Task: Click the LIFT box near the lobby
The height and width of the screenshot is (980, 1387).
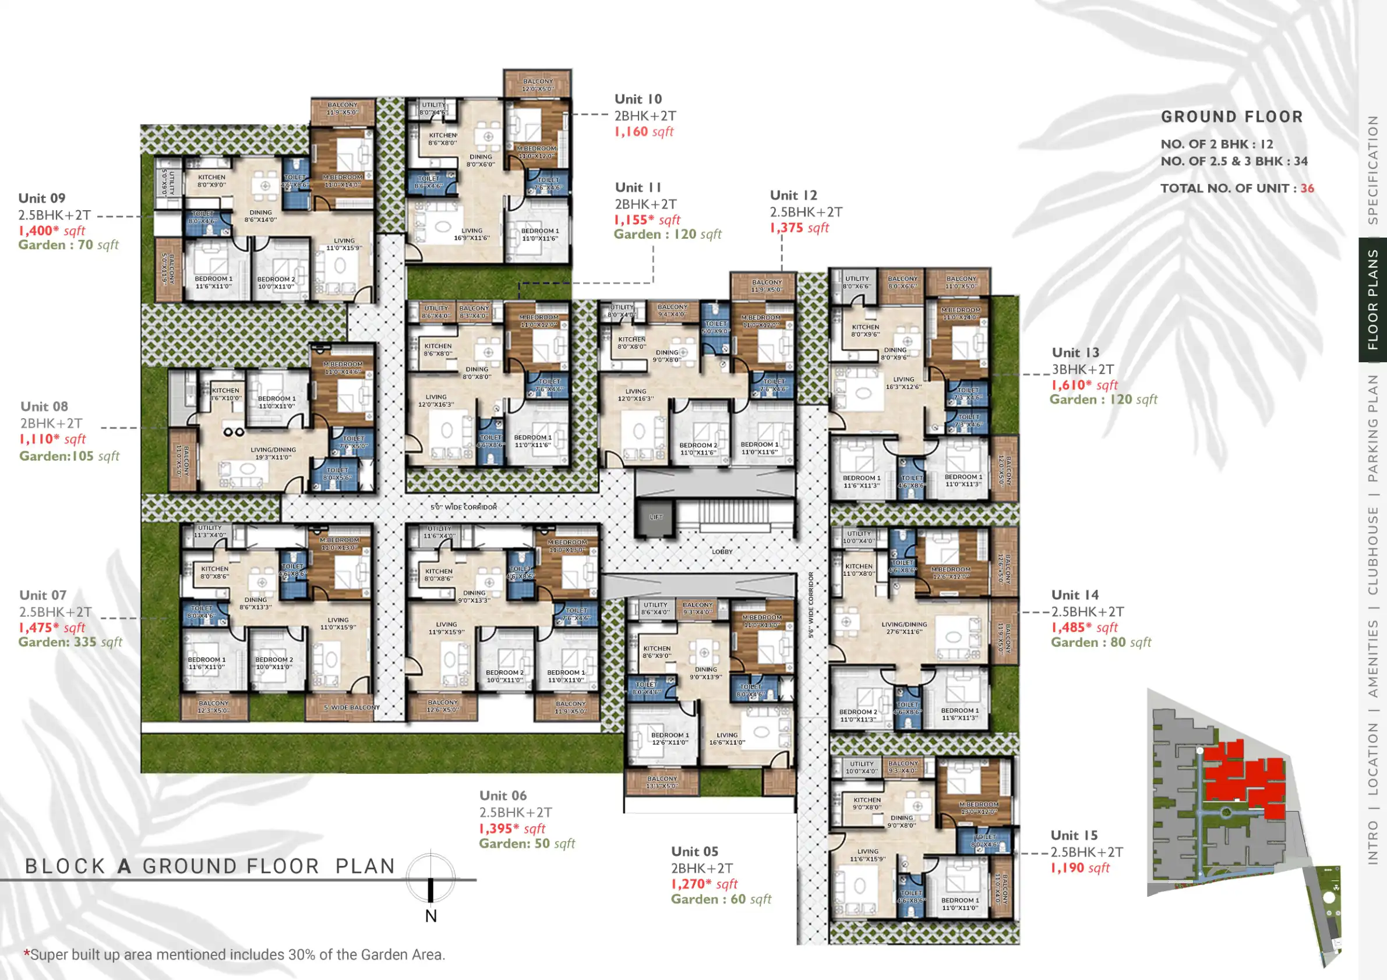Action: [x=655, y=517]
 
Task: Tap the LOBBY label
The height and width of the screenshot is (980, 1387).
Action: [x=722, y=551]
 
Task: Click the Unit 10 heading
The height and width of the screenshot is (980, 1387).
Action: [x=638, y=99]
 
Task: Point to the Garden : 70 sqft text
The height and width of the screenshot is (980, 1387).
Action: [x=68, y=245]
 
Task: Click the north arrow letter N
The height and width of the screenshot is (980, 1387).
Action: [x=430, y=916]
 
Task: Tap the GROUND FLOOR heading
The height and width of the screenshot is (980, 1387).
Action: [x=1231, y=116]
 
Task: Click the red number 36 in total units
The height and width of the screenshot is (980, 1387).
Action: [x=1307, y=189]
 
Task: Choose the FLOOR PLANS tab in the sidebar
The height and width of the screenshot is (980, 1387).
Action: [x=1372, y=299]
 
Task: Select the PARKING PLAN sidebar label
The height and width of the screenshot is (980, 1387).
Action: [x=1372, y=427]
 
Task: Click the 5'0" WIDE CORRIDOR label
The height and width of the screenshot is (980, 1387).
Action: [x=463, y=507]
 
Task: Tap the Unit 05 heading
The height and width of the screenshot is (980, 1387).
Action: [x=695, y=851]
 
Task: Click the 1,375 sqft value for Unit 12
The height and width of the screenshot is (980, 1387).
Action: [x=799, y=228]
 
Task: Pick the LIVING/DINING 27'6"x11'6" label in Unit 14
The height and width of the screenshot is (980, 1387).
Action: [x=904, y=628]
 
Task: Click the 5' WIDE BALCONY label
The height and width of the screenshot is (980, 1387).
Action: [x=352, y=707]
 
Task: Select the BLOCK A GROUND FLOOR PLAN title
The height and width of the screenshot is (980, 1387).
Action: [x=210, y=866]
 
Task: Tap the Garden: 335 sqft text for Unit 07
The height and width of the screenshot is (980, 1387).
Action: [x=70, y=642]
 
